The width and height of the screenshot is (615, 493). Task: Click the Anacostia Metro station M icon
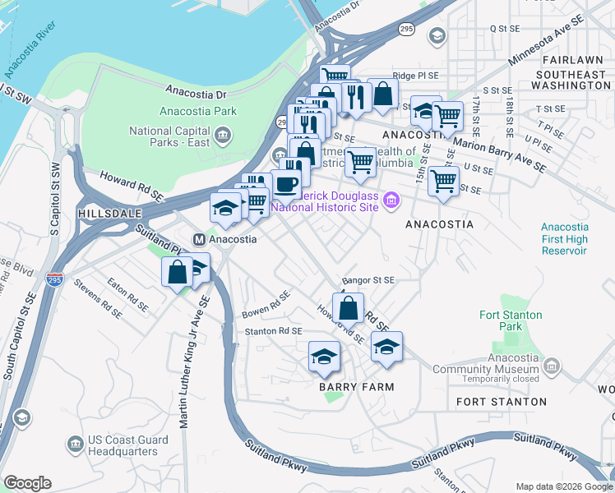click(x=199, y=239)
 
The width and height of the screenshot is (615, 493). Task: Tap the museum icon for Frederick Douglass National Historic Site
click(x=391, y=200)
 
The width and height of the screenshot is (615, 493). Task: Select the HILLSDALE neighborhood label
click(x=105, y=213)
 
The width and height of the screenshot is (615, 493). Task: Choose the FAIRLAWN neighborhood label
click(x=566, y=60)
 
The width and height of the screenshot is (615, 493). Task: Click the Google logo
click(x=27, y=483)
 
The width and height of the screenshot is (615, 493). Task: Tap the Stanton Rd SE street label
click(x=275, y=330)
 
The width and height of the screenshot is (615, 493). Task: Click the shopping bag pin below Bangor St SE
click(x=349, y=308)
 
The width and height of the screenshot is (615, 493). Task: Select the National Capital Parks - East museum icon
click(x=223, y=134)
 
